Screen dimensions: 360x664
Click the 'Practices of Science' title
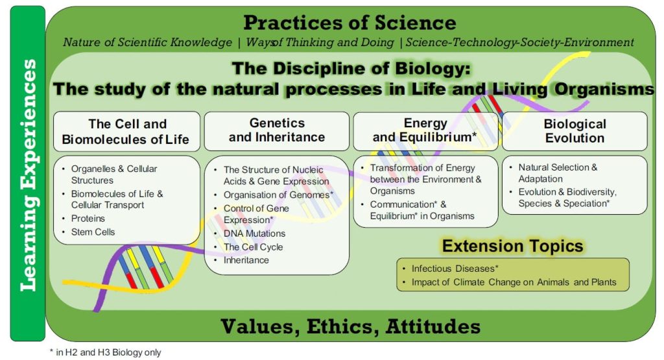(350, 23)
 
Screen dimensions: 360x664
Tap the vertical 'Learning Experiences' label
(28, 174)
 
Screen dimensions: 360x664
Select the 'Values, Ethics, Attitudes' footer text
(350, 326)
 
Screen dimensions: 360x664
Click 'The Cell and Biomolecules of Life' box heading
(126, 132)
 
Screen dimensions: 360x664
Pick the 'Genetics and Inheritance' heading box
(277, 130)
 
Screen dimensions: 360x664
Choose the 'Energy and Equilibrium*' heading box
(425, 130)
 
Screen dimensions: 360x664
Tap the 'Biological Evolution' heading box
(575, 130)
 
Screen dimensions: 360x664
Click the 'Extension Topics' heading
(512, 246)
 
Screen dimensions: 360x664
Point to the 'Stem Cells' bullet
(93, 232)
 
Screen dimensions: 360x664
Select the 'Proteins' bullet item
(88, 218)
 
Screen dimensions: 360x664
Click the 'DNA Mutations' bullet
(254, 234)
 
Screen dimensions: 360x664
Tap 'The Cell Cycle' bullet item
(253, 247)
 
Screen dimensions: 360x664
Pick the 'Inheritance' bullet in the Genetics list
(246, 260)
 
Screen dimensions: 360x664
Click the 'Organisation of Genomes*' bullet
(278, 195)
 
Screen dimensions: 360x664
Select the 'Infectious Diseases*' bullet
(455, 269)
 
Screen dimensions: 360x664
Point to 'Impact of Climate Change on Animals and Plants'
(514, 282)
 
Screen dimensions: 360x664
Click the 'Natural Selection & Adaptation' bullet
(558, 173)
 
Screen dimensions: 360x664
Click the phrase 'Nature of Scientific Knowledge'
(147, 43)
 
